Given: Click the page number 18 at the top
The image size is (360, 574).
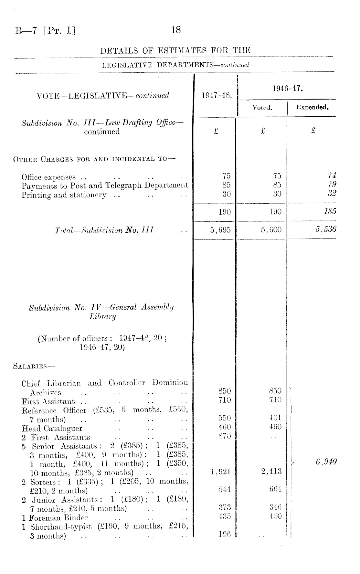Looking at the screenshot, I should point(176,30).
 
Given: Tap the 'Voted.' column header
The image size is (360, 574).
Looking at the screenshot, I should point(262,108).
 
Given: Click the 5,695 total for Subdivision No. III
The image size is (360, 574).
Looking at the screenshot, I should point(220,230).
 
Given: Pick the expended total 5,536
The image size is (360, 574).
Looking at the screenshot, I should point(326,229).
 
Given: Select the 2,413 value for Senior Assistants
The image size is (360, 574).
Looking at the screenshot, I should point(271,472).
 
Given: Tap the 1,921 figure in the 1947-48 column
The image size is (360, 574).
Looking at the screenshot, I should point(220,472).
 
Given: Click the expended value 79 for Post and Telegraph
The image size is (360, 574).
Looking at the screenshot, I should point(332,185).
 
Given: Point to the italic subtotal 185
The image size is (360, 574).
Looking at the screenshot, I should point(330,211).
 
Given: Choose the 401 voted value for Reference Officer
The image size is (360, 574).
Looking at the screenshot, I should point(275,417).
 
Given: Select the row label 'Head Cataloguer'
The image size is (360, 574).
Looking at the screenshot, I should point(52,429).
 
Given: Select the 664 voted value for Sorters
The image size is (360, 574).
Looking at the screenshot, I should point(275,490).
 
